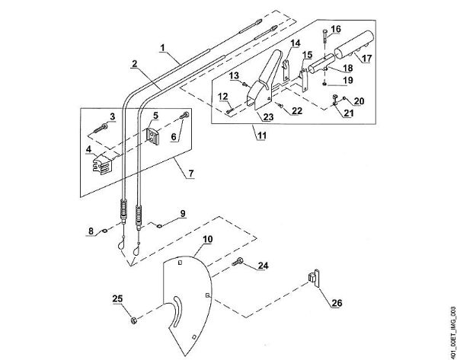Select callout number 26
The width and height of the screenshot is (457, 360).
tap(336, 302)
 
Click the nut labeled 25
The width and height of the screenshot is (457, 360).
tap(133, 317)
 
